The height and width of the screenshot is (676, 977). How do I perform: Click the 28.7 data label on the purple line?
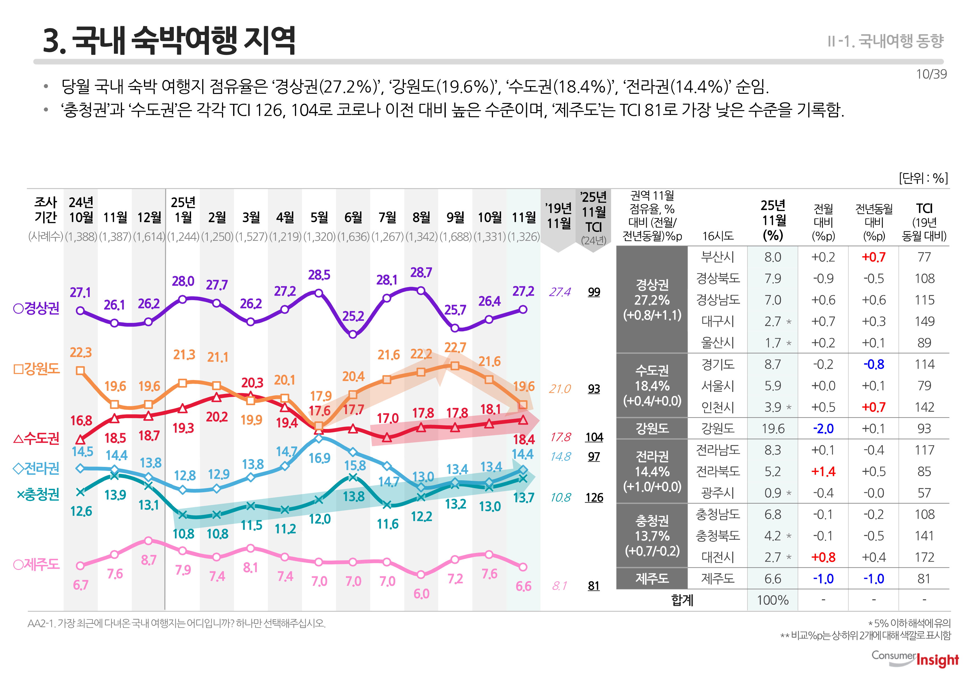[421, 272]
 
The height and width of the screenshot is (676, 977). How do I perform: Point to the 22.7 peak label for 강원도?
[455, 347]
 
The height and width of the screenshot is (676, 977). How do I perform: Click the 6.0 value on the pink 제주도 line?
[421, 593]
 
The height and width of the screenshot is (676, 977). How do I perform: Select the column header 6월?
[353, 217]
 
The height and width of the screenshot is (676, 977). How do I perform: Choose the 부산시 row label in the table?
[717, 257]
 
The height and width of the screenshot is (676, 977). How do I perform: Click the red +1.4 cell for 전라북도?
[823, 471]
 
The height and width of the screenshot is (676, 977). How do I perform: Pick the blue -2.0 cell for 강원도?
[823, 429]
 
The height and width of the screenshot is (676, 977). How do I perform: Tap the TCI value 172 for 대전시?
[924, 557]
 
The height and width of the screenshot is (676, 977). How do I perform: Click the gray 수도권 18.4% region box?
[652, 385]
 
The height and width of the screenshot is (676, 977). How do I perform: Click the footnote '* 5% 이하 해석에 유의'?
[909, 623]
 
